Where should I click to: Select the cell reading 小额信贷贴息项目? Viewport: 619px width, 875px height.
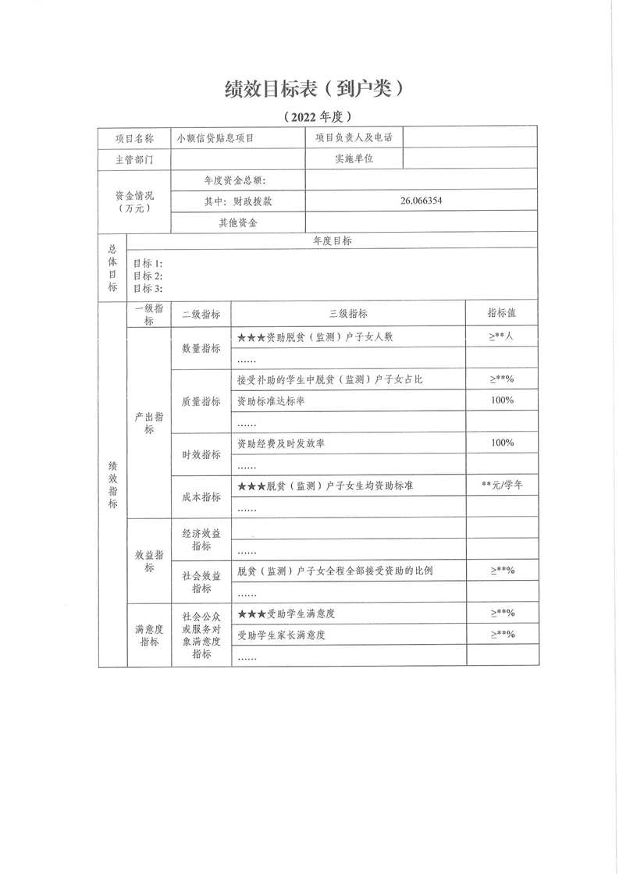[216, 138]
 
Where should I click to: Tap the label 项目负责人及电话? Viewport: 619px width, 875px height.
[353, 137]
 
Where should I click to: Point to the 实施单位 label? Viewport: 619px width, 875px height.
[354, 158]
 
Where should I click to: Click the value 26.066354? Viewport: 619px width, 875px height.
[422, 201]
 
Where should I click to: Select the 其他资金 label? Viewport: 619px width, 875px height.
[238, 222]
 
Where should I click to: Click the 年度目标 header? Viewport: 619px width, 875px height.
[332, 241]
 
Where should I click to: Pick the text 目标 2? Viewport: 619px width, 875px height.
[148, 276]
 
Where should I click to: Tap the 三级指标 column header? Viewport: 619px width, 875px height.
[348, 314]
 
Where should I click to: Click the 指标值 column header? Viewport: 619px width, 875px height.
[501, 313]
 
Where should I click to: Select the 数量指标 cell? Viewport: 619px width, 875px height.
[201, 349]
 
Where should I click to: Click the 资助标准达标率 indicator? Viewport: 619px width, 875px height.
[275, 400]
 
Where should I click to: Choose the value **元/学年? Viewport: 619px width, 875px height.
[502, 485]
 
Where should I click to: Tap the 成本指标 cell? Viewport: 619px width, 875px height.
[201, 496]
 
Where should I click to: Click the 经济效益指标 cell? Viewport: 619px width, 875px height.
[201, 540]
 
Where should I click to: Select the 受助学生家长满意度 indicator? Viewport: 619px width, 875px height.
[280, 635]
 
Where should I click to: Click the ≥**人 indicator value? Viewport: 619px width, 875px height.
[501, 336]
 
